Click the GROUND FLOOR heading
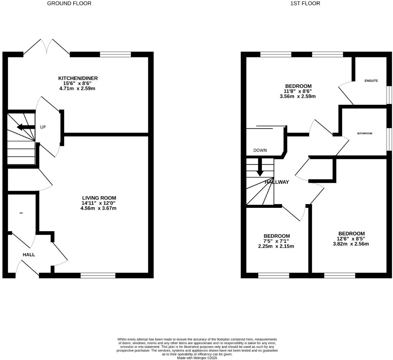tap(69, 3)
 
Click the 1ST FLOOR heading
tap(305, 3)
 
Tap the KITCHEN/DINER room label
tap(78, 78)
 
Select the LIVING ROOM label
tap(99, 198)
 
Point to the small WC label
tap(21, 213)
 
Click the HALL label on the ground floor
tap(29, 255)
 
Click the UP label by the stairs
tap(43, 127)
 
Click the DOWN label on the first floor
tap(260, 150)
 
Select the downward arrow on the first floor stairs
tap(260, 167)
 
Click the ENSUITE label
tap(371, 81)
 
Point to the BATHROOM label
tap(364, 133)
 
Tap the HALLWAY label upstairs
tap(277, 182)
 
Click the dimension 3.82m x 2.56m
tap(351, 244)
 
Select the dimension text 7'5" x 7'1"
tap(276, 241)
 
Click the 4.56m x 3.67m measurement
tap(98, 208)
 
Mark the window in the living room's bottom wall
tap(98, 275)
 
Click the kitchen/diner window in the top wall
tap(115, 54)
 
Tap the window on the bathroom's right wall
tap(389, 139)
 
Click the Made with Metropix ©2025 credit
tap(197, 358)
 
